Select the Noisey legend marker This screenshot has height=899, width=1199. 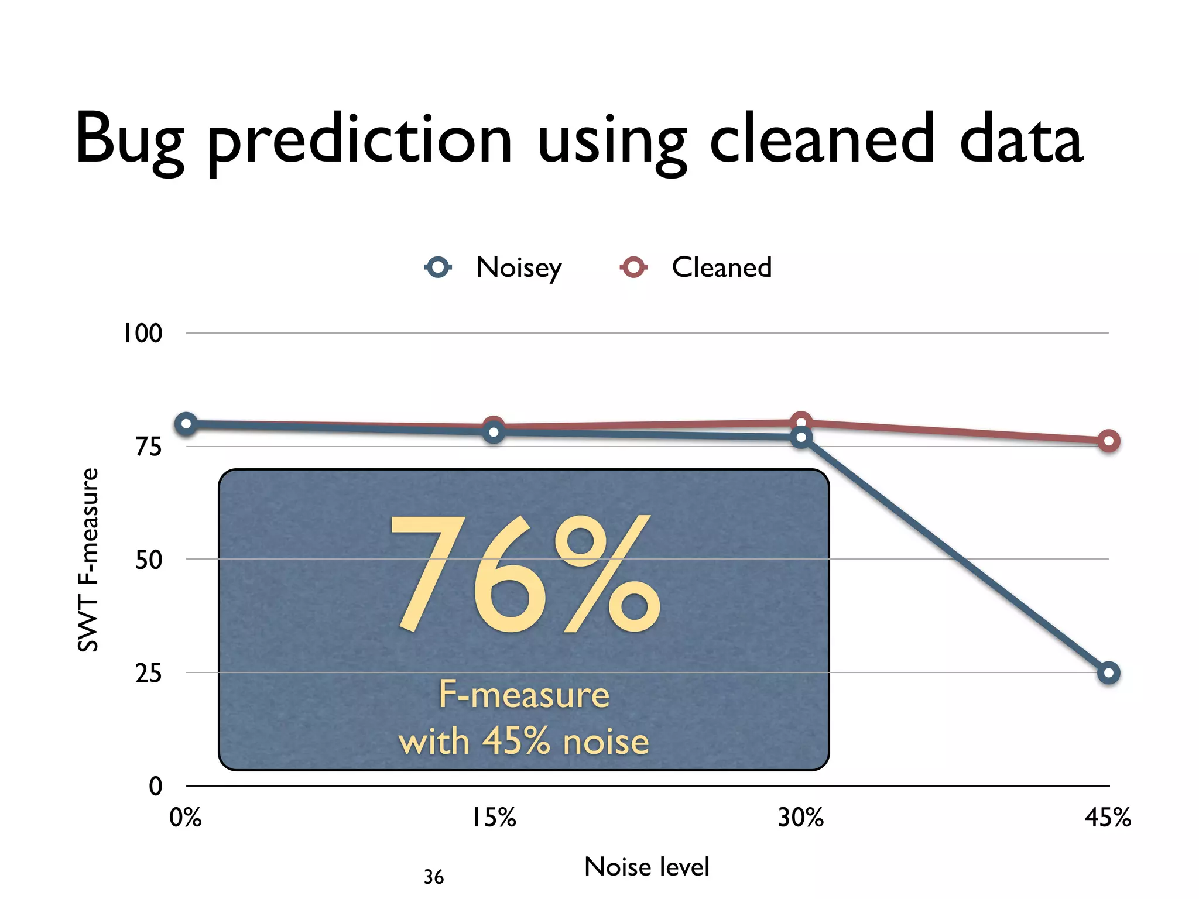click(x=438, y=267)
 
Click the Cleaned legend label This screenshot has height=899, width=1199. click(x=721, y=267)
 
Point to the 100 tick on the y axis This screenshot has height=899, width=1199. click(x=142, y=334)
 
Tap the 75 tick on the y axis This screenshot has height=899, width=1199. click(x=148, y=447)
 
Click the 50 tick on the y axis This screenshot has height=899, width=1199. click(x=148, y=560)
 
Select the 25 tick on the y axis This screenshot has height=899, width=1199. click(x=148, y=674)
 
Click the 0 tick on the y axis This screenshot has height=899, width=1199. click(x=155, y=786)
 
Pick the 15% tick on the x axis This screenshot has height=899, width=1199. click(x=494, y=818)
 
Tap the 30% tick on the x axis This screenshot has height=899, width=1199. click(x=800, y=818)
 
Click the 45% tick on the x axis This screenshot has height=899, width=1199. click(x=1108, y=818)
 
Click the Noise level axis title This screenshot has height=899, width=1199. click(x=646, y=867)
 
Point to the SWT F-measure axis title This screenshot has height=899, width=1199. click(x=88, y=560)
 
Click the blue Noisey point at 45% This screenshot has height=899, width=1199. click(x=1108, y=673)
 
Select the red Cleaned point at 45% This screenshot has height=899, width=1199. click(x=1108, y=441)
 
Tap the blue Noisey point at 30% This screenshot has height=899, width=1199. click(x=801, y=437)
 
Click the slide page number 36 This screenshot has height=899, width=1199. click(x=434, y=877)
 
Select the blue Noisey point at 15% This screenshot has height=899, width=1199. click(x=494, y=433)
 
